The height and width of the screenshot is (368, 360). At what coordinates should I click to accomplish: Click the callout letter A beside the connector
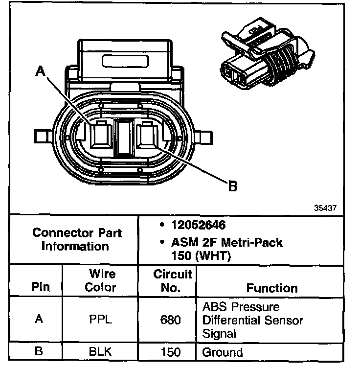click(41, 72)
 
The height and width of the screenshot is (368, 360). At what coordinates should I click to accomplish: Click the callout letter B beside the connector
click(233, 185)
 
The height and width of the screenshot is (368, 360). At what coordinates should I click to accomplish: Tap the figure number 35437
click(325, 207)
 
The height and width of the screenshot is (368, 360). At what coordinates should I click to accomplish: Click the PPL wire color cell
click(100, 321)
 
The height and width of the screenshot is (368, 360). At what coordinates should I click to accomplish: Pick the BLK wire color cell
click(100, 352)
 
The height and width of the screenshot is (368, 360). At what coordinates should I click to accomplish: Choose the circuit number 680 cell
click(170, 321)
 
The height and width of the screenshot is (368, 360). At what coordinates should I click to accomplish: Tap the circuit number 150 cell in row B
click(170, 352)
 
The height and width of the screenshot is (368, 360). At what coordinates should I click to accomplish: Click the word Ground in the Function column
click(223, 352)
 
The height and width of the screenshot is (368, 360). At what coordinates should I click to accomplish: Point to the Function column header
click(272, 288)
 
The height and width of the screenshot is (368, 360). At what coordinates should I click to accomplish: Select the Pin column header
click(41, 287)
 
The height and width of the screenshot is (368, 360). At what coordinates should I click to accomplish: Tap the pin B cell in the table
click(40, 352)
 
